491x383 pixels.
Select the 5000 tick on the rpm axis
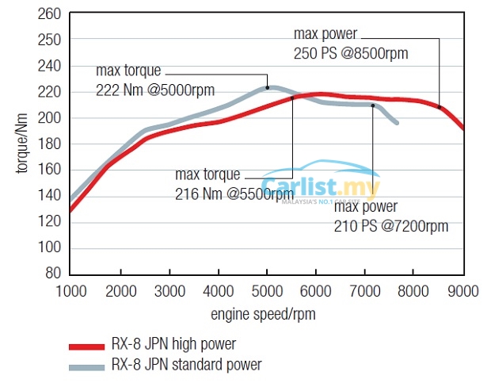[x=267, y=291]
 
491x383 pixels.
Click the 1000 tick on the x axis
[x=70, y=291]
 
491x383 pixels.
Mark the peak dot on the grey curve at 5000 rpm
[x=268, y=87]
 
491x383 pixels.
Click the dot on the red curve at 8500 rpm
[x=440, y=107]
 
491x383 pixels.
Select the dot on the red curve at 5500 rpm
[x=292, y=98]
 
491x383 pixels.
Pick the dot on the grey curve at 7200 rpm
[x=373, y=105]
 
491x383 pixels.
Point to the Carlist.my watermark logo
[x=333, y=189]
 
